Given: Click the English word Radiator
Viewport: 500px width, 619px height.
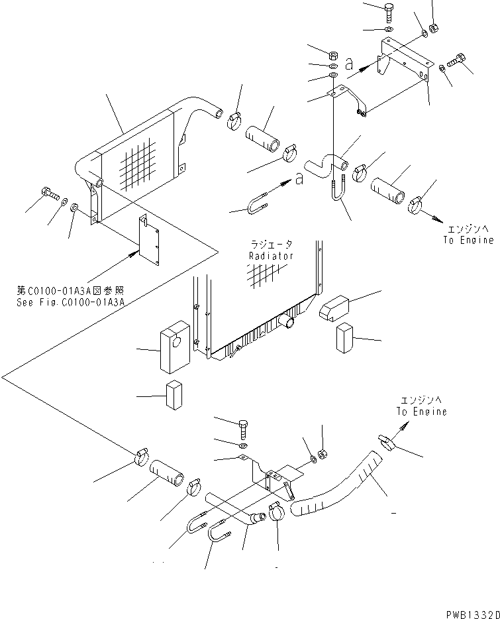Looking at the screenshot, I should (271, 256).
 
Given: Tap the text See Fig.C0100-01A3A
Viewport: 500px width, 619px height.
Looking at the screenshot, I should (80, 302).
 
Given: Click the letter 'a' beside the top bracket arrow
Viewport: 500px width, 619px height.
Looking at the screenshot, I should (349, 65).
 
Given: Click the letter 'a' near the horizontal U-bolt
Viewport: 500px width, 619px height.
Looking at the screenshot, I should (299, 178).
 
